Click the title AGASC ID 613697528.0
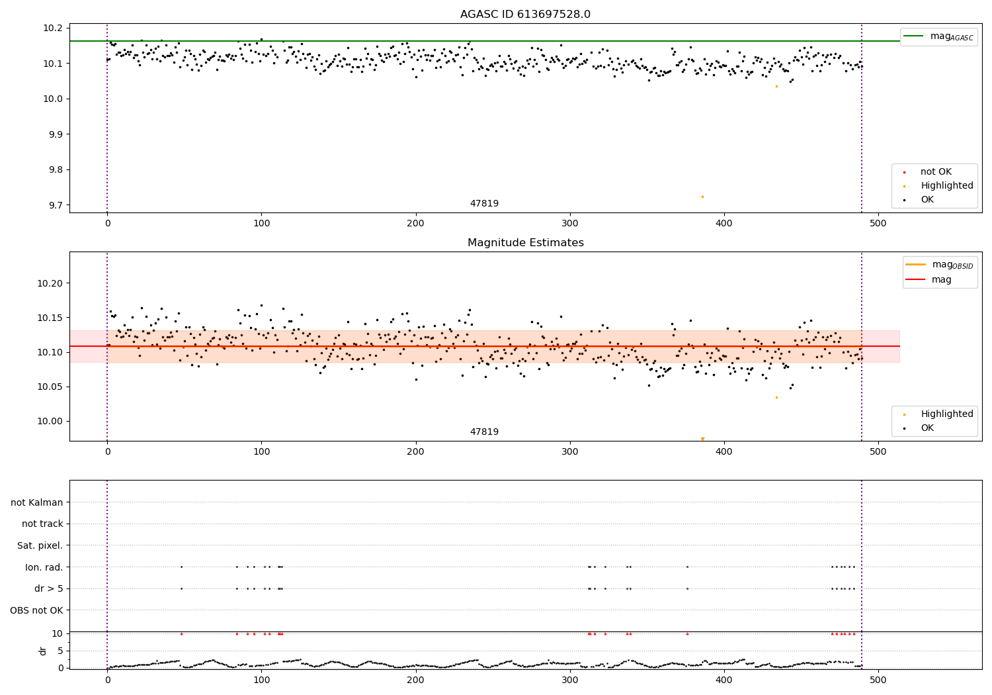(x=525, y=15)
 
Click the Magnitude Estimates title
(x=525, y=243)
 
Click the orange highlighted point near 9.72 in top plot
(x=702, y=197)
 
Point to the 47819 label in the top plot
(x=484, y=204)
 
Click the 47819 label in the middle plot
(x=484, y=432)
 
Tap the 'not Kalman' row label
(x=37, y=502)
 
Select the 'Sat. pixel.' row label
(x=40, y=545)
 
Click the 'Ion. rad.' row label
(x=44, y=567)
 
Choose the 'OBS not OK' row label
(x=37, y=610)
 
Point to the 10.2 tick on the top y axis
(x=53, y=28)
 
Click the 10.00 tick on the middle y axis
(x=50, y=421)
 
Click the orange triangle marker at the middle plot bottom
(x=702, y=439)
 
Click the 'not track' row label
(x=42, y=524)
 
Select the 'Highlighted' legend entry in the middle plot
(x=946, y=414)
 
